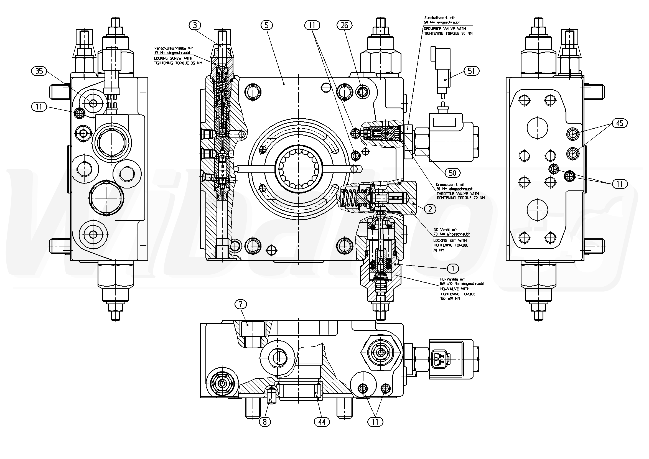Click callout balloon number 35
click(39, 71)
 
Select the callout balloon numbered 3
click(195, 25)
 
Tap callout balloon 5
click(266, 25)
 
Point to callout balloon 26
click(344, 25)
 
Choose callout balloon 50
click(452, 173)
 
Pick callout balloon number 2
click(430, 209)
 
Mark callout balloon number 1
click(453, 268)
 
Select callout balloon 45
click(620, 123)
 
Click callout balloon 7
click(241, 304)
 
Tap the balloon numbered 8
click(264, 422)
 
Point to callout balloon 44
click(322, 422)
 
